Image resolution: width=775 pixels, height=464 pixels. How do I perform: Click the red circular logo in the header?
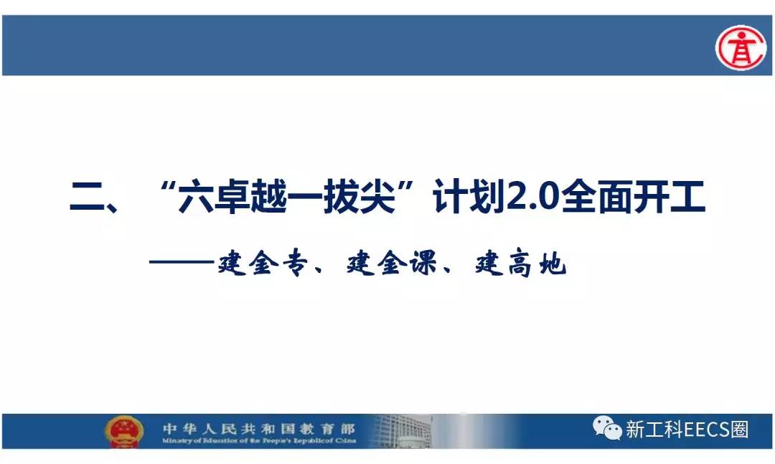tap(741, 47)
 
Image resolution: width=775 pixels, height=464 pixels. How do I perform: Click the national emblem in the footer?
tap(124, 431)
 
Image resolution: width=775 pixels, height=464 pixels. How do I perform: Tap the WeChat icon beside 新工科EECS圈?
tap(607, 427)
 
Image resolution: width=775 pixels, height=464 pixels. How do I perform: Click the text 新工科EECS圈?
tap(687, 430)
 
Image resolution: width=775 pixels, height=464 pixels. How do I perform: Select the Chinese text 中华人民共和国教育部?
tap(259, 428)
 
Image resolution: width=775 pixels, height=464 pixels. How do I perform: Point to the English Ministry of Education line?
tap(259, 440)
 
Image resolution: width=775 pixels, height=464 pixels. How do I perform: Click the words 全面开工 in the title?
tap(633, 197)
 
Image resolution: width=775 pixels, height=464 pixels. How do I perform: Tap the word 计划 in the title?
tap(469, 197)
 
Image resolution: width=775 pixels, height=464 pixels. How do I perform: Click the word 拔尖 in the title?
tap(360, 197)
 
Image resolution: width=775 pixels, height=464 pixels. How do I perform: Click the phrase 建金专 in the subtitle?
tap(263, 263)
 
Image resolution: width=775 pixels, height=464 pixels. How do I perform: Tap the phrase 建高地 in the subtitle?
tap(520, 263)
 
